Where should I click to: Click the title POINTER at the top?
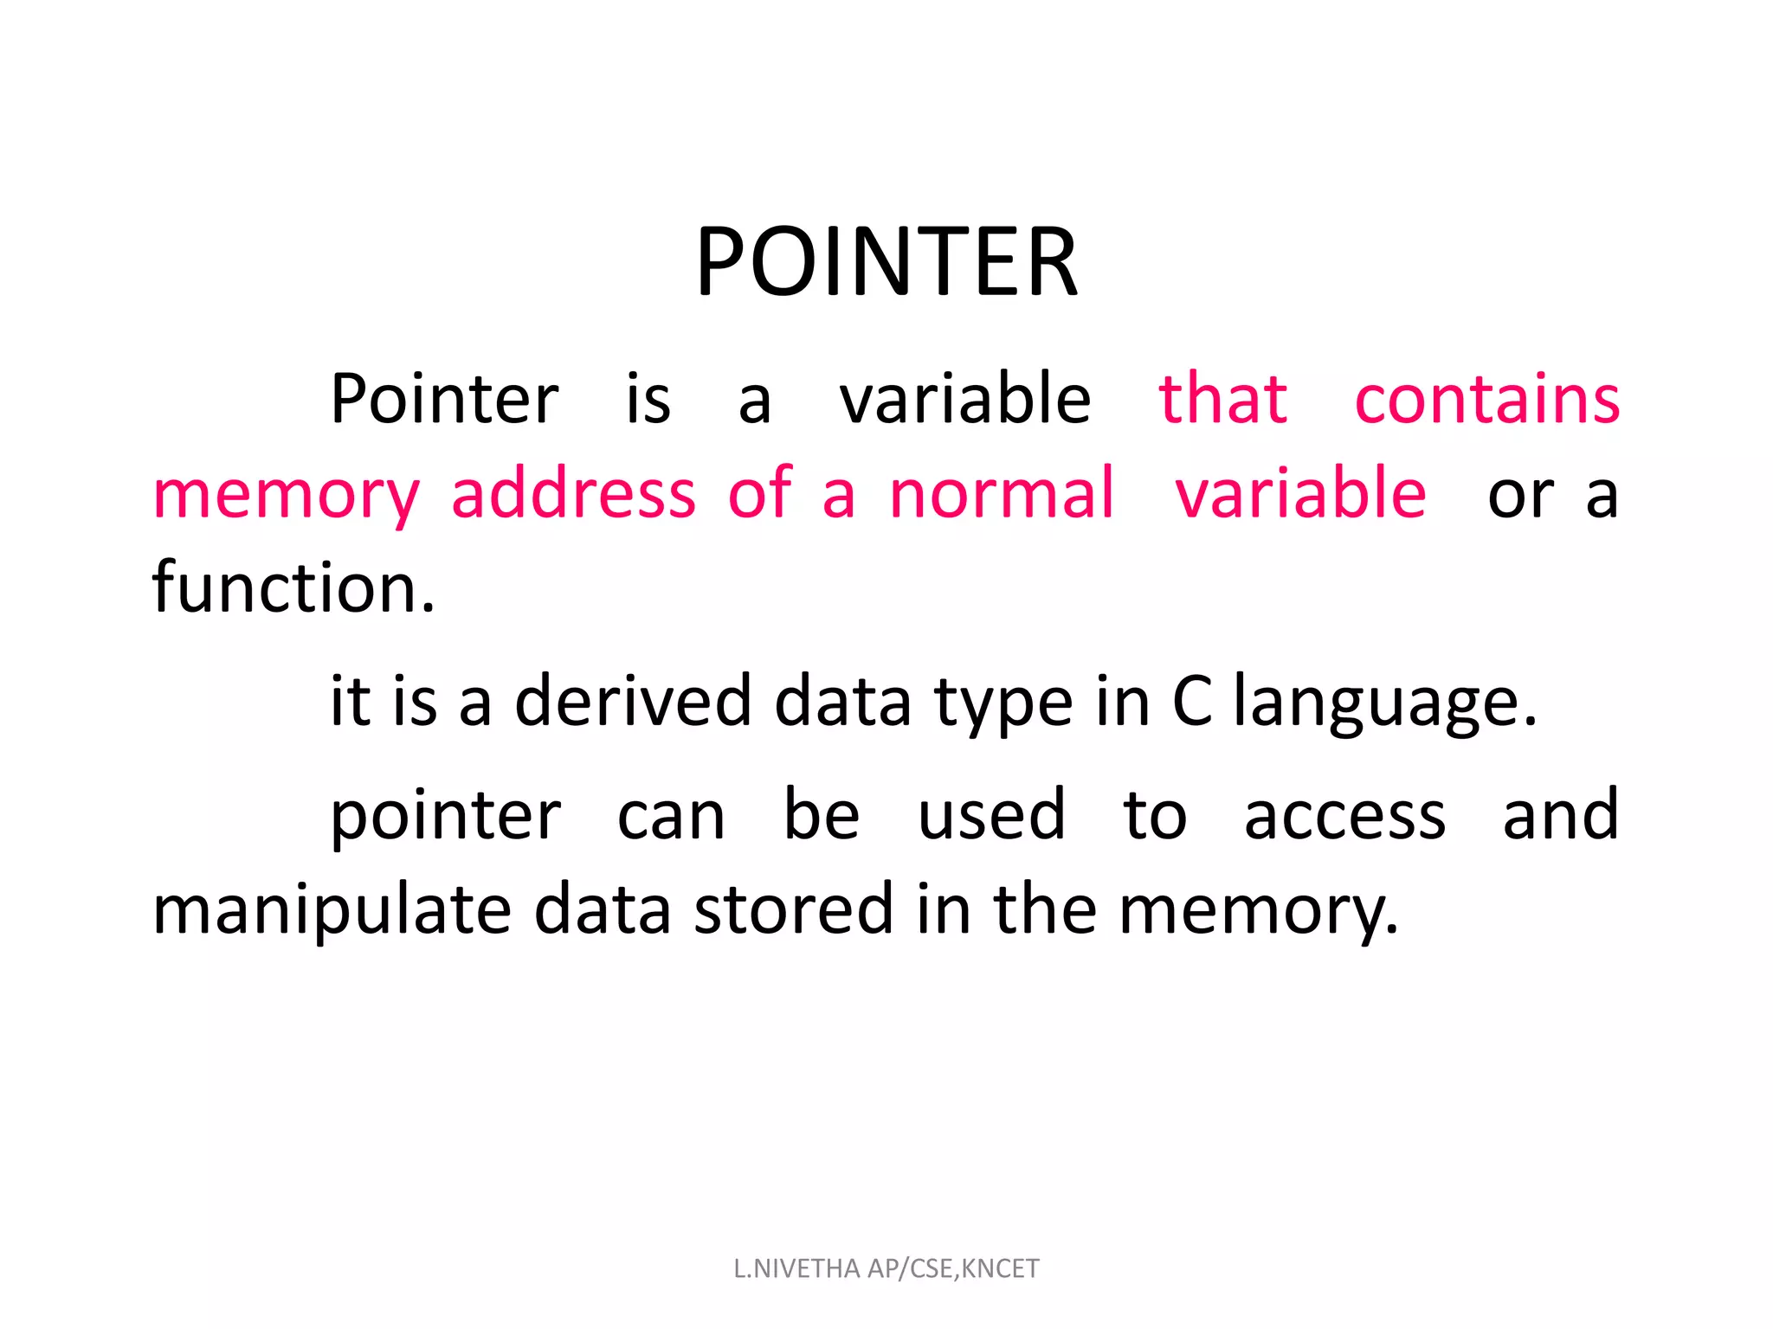886,262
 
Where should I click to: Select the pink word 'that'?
1222,400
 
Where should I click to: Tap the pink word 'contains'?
1486,400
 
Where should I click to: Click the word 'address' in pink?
573,493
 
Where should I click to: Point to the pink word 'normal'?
1002,493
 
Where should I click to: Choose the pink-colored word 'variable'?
1300,493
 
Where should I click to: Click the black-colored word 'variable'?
965,400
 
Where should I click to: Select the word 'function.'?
293,587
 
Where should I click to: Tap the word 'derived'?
633,702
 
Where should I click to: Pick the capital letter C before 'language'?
1192,702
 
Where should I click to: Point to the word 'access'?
1344,817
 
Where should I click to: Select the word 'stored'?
793,910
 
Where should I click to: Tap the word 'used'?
991,816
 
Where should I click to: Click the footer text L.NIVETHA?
796,1268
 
